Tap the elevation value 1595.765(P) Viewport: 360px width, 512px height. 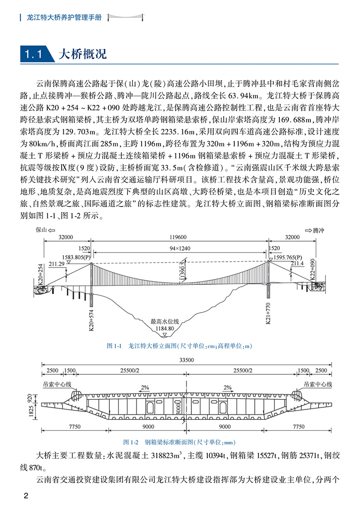coord(289,258)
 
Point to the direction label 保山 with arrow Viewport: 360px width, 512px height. coord(46,231)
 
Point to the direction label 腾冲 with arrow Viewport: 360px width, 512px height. coord(315,231)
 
